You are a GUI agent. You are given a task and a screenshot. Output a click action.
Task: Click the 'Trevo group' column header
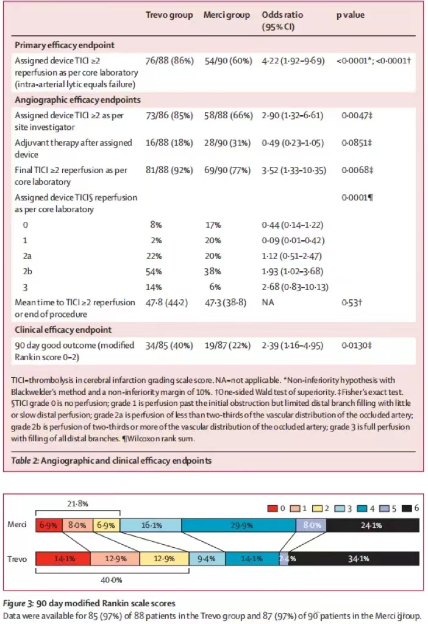[x=169, y=15]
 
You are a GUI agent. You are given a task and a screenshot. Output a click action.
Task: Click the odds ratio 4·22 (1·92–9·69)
[x=293, y=61]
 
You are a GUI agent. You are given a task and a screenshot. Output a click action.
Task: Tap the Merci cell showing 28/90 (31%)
[x=226, y=143]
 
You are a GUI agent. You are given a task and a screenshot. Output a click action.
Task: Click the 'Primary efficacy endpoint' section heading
[x=64, y=45]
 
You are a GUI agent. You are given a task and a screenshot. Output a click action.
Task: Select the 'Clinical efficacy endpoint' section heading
[x=63, y=330]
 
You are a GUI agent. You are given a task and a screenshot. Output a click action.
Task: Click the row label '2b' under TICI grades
[x=29, y=269]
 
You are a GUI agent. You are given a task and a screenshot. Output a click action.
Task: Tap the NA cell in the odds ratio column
[x=268, y=302]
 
